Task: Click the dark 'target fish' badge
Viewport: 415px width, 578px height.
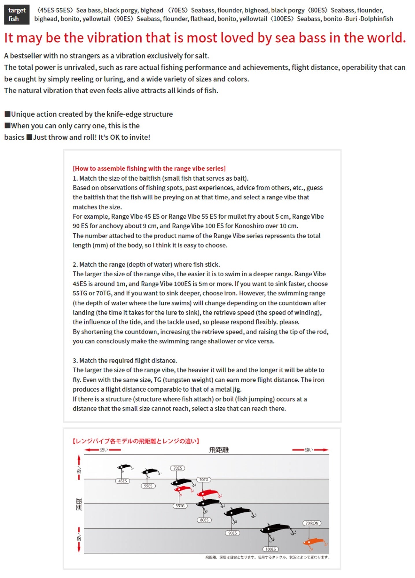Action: pyautogui.click(x=17, y=14)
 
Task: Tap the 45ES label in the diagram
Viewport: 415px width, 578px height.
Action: pyautogui.click(x=123, y=481)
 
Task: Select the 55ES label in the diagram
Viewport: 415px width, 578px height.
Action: pyautogui.click(x=148, y=486)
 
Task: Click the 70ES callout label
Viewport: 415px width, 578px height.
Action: pyautogui.click(x=177, y=468)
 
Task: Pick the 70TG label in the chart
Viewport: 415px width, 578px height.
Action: pyautogui.click(x=204, y=479)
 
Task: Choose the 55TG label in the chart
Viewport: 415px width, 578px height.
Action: pyautogui.click(x=180, y=506)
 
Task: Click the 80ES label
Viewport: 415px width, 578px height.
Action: pyautogui.click(x=204, y=520)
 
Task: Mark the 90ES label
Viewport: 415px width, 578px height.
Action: pyautogui.click(x=233, y=533)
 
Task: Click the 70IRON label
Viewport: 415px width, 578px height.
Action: pyautogui.click(x=312, y=523)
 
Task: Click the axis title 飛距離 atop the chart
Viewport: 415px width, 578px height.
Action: pyautogui.click(x=219, y=450)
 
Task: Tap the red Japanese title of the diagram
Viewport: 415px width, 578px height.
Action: pyautogui.click(x=136, y=441)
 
